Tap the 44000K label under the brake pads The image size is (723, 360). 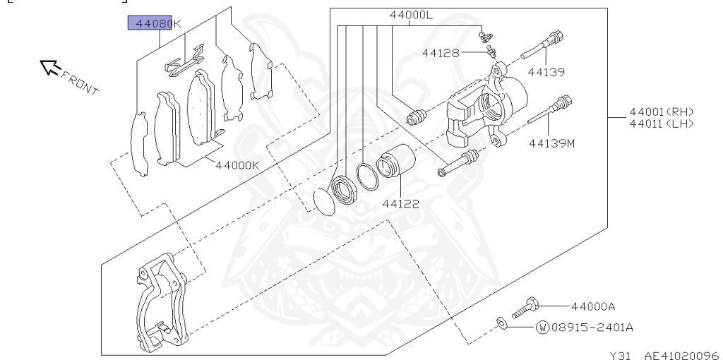[237, 165]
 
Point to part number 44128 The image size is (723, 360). [441, 52]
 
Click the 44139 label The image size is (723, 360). [546, 71]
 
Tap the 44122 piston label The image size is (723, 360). [401, 204]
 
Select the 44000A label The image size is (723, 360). [593, 306]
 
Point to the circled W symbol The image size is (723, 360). [542, 328]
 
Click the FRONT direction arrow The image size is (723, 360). [49, 67]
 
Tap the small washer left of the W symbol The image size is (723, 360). [501, 323]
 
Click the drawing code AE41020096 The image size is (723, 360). [681, 354]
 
